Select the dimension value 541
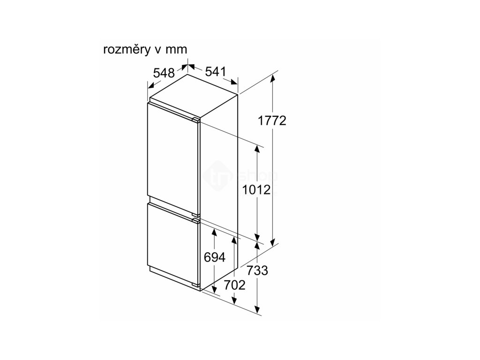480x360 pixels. point(216,72)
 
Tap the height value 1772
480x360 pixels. point(272,120)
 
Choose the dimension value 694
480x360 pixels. point(215,257)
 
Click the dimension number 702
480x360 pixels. point(234,285)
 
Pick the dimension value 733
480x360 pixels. point(257,270)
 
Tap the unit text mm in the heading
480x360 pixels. point(178,50)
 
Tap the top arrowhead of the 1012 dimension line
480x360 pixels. point(257,149)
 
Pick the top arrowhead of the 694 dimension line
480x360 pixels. point(214,232)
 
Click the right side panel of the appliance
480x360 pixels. point(220,197)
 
